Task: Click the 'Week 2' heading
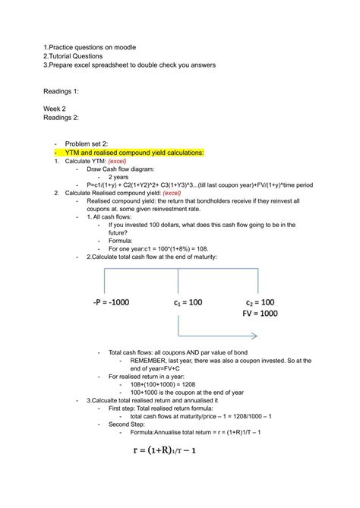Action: pyautogui.click(x=55, y=109)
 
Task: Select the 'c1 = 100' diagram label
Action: pyautogui.click(x=188, y=302)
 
